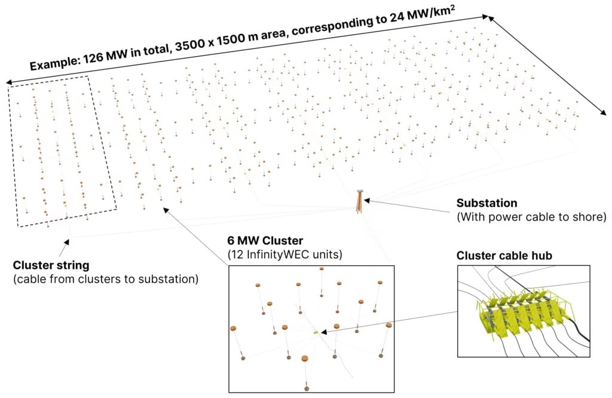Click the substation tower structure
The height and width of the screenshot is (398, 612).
(360, 201)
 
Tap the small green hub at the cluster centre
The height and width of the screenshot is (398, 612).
(316, 330)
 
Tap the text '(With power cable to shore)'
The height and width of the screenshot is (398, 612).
(531, 218)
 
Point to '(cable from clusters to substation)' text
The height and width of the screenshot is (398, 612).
(106, 278)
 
